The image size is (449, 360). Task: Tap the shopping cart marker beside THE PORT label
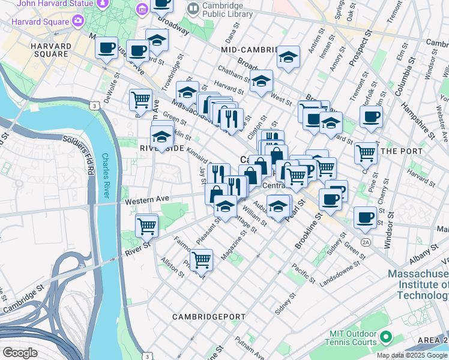tap(366, 153)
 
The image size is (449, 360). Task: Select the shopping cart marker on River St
tap(146, 226)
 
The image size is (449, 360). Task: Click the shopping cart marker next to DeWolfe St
tap(140, 99)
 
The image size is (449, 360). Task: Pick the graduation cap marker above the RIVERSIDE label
tap(161, 137)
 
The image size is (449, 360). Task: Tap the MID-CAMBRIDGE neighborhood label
tap(250, 49)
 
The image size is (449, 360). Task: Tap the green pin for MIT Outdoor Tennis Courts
tap(386, 339)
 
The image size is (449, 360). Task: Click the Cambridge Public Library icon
tap(193, 8)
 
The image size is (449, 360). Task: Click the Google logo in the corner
tap(20, 352)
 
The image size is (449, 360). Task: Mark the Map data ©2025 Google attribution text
tap(412, 355)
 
